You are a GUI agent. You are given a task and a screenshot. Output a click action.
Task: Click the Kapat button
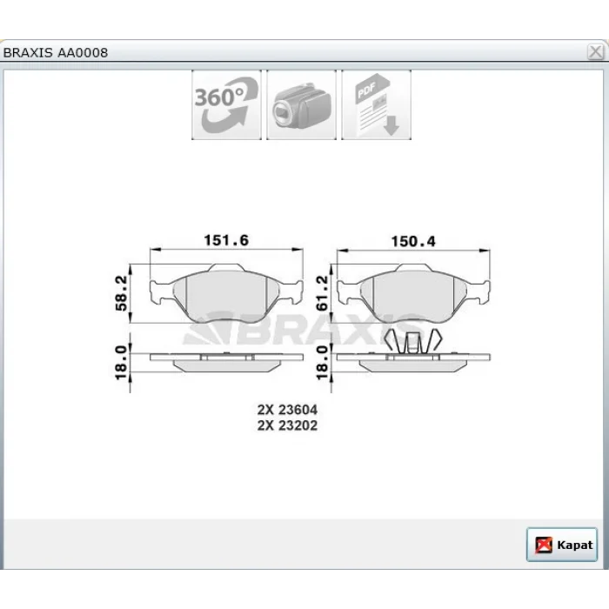562,544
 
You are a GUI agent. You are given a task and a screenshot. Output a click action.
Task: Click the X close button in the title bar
595,51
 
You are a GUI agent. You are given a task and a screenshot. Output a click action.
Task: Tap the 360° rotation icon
226,105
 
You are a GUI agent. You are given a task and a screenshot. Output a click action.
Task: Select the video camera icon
301,105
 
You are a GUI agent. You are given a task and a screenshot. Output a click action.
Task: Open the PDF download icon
377,105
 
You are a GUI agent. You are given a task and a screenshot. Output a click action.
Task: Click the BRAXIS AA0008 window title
56,52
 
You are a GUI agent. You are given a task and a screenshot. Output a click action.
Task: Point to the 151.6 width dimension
226,240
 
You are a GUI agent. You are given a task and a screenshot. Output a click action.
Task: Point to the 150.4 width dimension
413,241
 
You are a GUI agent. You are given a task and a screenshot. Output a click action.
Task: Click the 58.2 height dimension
121,293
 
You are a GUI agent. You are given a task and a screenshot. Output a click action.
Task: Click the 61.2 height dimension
323,293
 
